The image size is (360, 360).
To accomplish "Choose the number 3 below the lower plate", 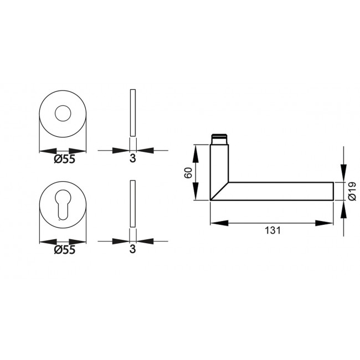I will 132,250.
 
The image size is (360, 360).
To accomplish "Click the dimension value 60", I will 188,172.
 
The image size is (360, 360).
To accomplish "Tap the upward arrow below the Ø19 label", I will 343,208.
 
